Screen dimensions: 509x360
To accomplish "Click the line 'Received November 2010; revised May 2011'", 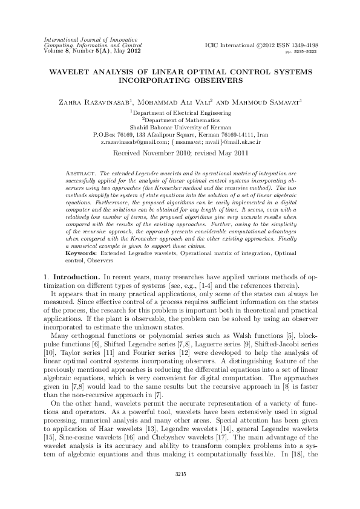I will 180,154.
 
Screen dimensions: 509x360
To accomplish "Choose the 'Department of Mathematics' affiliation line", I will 180,120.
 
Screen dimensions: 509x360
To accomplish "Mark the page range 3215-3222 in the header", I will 306,53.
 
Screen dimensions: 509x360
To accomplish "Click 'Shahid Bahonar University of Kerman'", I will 180,127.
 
